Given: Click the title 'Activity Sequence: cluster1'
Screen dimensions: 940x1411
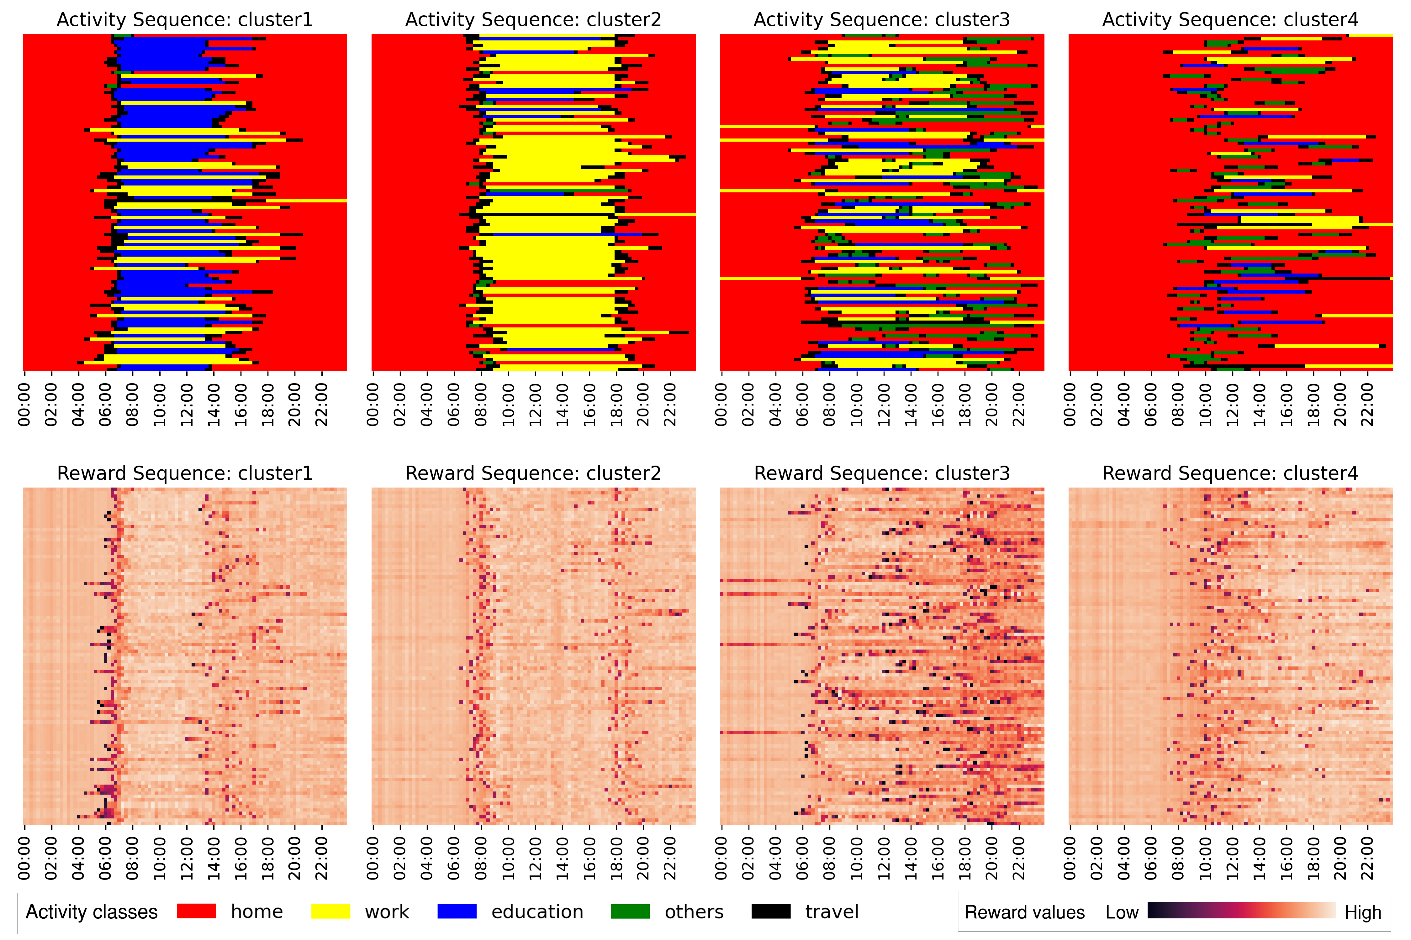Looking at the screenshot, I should click(185, 20).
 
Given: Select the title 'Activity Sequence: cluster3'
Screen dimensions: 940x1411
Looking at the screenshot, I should click(881, 20).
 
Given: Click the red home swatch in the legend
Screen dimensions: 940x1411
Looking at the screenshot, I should click(196, 911).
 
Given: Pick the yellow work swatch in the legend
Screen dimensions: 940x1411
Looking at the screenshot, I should click(330, 911).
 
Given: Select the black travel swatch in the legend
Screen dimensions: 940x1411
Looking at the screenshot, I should click(771, 911).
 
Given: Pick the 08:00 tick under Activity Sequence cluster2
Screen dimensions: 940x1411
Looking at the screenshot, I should click(481, 405).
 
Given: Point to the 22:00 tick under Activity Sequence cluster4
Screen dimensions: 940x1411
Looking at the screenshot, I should click(1367, 405).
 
